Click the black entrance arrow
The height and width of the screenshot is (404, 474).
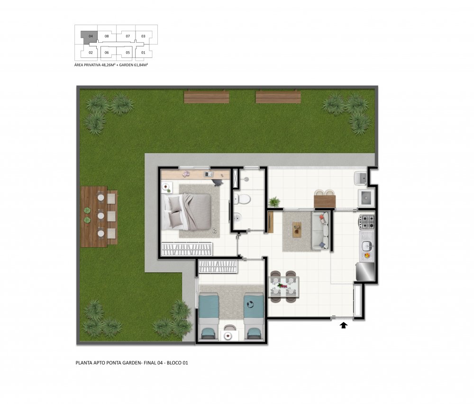[343, 325]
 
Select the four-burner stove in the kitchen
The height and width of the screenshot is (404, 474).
[366, 221]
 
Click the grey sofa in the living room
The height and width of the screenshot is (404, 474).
[320, 231]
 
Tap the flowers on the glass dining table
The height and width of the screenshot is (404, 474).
[283, 285]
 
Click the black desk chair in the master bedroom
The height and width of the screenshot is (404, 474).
[218, 182]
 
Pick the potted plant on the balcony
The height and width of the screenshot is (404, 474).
[274, 201]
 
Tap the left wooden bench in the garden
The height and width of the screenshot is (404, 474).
[207, 97]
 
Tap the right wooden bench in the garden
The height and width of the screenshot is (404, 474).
[278, 97]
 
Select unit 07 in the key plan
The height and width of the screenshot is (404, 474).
[128, 36]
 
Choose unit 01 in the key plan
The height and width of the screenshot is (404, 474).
[143, 53]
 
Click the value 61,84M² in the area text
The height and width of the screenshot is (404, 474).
[138, 65]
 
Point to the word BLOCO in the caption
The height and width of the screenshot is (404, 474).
[174, 363]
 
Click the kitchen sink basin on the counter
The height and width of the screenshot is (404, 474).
[367, 246]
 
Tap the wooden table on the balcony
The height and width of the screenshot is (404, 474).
[325, 201]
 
